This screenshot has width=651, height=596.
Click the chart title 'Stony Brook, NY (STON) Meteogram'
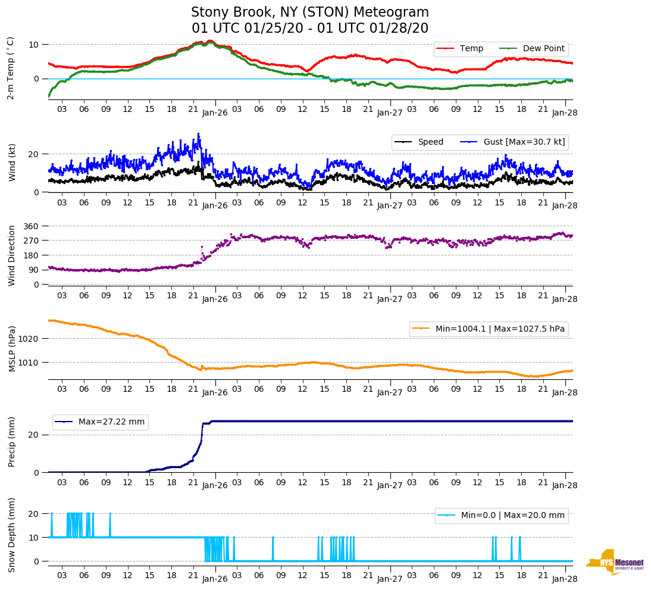tap(309, 13)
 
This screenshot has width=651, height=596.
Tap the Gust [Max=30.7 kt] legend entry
tap(524, 142)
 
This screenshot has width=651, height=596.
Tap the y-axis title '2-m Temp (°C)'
tap(11, 68)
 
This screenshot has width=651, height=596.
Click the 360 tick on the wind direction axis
tap(31, 226)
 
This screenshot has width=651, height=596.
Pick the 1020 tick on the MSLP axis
tap(29, 339)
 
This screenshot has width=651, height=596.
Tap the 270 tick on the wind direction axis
tap(31, 241)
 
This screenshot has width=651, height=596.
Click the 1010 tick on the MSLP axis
tap(29, 363)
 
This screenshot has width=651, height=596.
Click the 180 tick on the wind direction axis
tap(31, 255)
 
